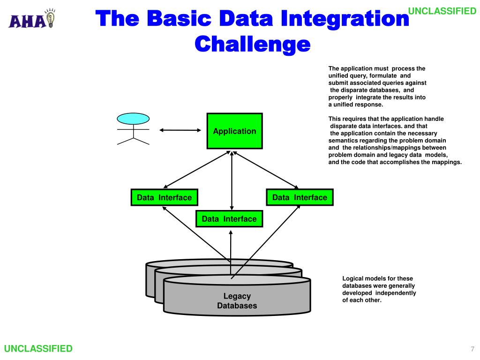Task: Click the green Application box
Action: pyautogui.click(x=234, y=131)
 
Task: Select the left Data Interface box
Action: pyautogui.click(x=164, y=197)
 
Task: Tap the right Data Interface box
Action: pyautogui.click(x=300, y=197)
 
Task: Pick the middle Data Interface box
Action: pyautogui.click(x=229, y=219)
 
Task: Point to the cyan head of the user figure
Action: pyautogui.click(x=133, y=118)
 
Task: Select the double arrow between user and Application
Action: pyautogui.click(x=180, y=131)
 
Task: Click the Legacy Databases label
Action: pyautogui.click(x=237, y=301)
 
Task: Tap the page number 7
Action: pyautogui.click(x=472, y=349)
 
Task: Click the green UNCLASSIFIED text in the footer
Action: pyautogui.click(x=38, y=348)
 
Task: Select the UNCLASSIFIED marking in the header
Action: pyautogui.click(x=442, y=11)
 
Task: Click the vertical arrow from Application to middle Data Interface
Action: pyautogui.click(x=232, y=180)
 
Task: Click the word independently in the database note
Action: pyautogui.click(x=396, y=293)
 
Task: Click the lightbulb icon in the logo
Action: pyautogui.click(x=50, y=19)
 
